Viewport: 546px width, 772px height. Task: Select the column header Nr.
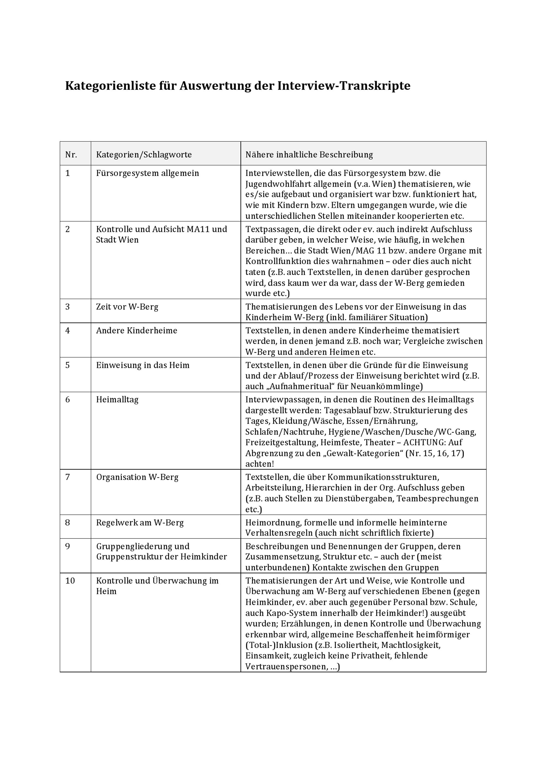point(71,155)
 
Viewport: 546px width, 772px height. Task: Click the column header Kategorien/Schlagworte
point(144,155)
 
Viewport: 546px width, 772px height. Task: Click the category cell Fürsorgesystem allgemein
point(147,173)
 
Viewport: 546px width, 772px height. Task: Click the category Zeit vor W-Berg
point(127,307)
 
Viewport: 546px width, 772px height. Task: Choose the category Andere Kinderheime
point(136,331)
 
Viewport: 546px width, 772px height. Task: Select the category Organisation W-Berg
point(137,477)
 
